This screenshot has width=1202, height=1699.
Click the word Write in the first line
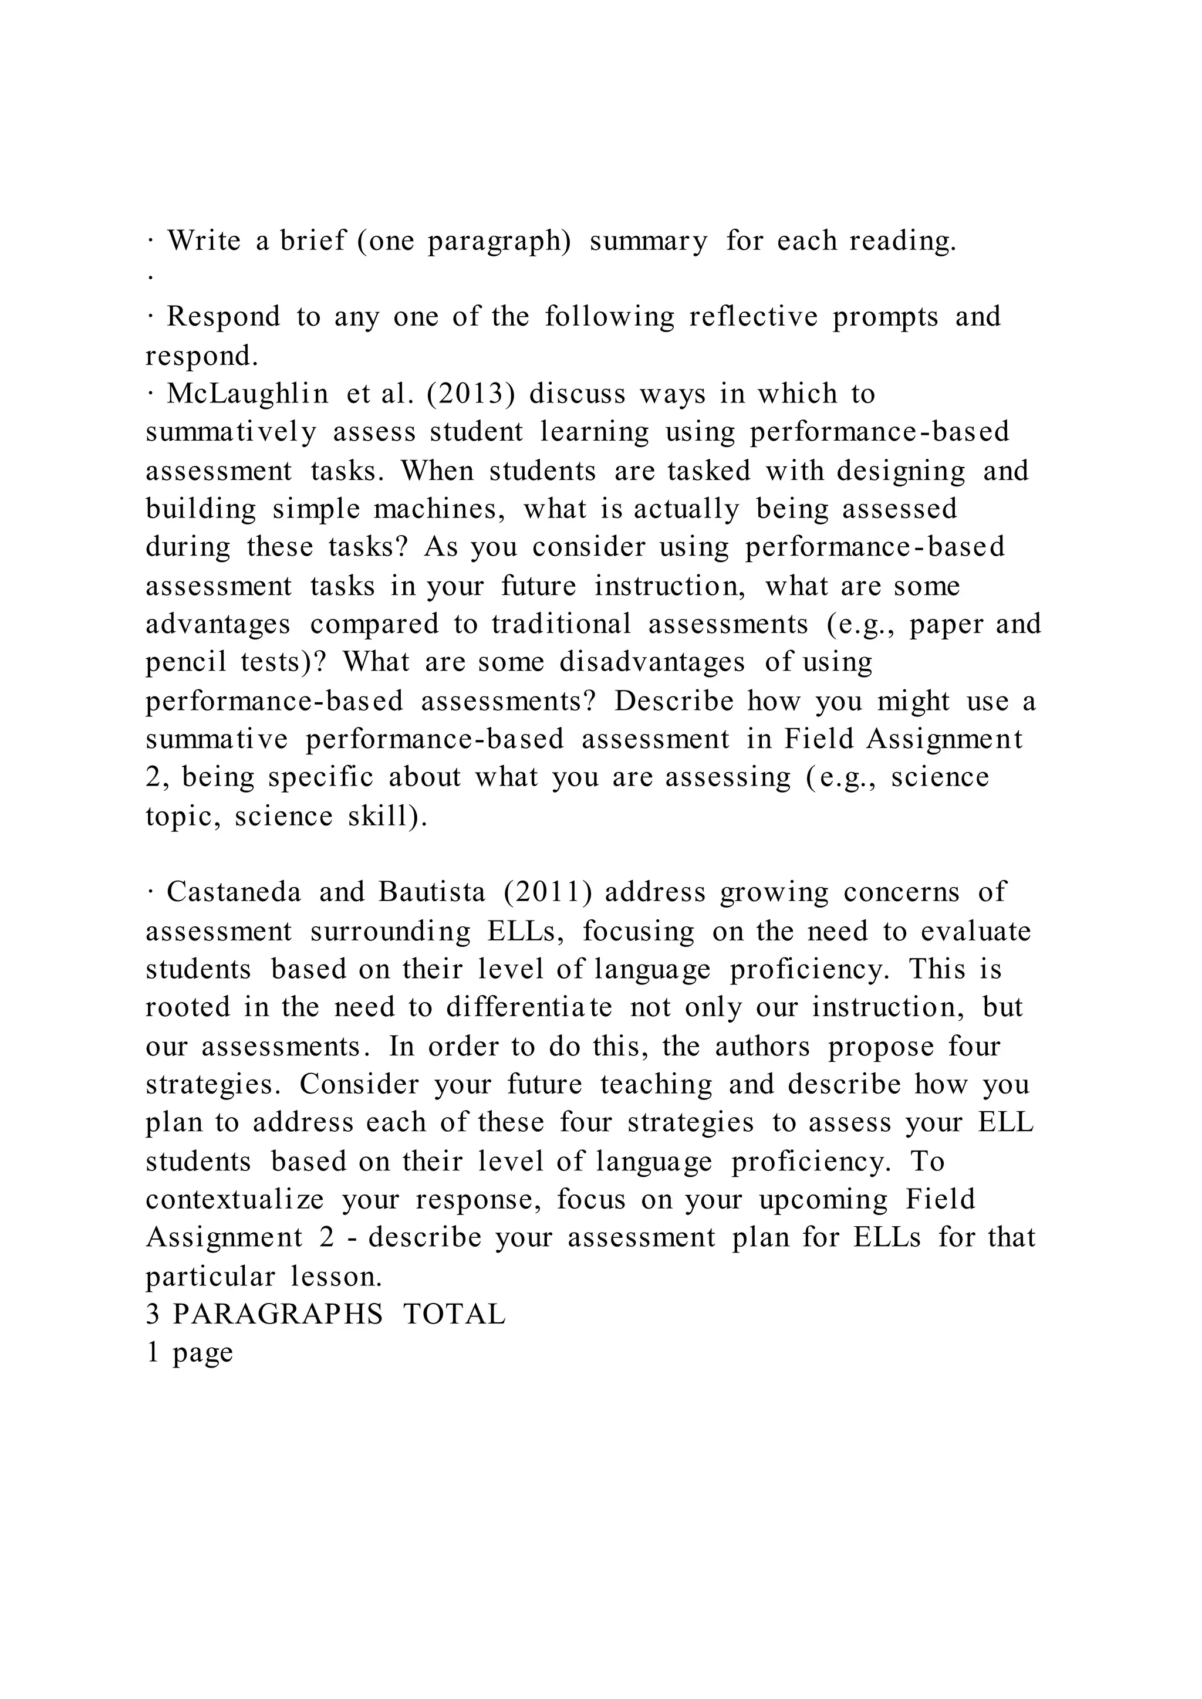click(204, 241)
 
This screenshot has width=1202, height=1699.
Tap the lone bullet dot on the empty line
click(150, 277)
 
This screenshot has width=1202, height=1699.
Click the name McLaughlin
click(247, 394)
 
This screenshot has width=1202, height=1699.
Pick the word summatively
click(230, 432)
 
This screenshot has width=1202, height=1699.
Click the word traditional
click(561, 624)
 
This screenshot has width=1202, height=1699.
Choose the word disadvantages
click(652, 662)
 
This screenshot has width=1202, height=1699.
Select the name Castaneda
click(234, 892)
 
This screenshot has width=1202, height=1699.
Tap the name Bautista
click(432, 892)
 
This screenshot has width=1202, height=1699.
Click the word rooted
click(188, 1008)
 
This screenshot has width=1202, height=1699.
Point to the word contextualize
click(235, 1200)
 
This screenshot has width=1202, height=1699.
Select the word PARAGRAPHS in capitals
click(278, 1314)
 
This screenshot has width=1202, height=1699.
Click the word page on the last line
click(202, 1353)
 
